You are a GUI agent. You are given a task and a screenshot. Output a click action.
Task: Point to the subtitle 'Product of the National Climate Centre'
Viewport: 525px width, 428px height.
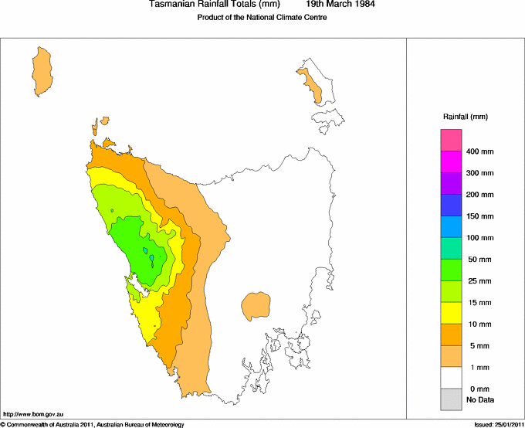tap(262, 18)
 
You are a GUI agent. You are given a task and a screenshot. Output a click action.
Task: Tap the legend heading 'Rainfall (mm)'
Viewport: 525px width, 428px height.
tap(465, 117)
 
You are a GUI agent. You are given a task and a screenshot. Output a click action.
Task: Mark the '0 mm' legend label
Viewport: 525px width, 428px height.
tap(479, 389)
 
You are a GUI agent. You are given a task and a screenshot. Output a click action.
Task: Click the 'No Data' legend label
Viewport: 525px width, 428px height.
tap(479, 399)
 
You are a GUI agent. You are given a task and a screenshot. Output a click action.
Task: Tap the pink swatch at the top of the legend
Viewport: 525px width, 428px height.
tap(451, 140)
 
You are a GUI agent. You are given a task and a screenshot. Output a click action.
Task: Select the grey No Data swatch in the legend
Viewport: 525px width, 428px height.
tap(451, 399)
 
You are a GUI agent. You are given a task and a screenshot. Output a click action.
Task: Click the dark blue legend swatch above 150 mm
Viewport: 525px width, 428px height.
tap(451, 205)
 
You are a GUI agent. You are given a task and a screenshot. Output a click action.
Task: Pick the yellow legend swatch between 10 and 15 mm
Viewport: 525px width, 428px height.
tap(451, 312)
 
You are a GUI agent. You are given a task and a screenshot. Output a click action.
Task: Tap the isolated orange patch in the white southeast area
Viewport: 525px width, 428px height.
tap(256, 306)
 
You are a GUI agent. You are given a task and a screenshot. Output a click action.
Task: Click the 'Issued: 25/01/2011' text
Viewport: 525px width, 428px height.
tap(499, 424)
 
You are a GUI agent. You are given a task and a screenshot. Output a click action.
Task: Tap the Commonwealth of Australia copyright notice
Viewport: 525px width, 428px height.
tap(93, 424)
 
